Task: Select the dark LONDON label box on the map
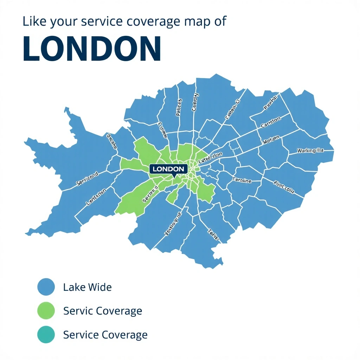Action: click(x=168, y=169)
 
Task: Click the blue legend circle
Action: click(x=46, y=287)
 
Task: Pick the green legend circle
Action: click(x=46, y=311)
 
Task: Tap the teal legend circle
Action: click(x=46, y=334)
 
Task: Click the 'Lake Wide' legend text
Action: click(x=87, y=287)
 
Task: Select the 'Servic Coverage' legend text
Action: click(x=103, y=311)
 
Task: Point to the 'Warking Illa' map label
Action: click(x=310, y=150)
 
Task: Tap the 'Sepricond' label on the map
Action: click(x=87, y=178)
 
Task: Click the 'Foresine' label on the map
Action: click(x=242, y=180)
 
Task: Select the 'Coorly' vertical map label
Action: click(x=195, y=102)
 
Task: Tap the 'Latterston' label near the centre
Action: click(x=210, y=157)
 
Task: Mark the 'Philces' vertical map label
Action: click(x=179, y=107)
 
